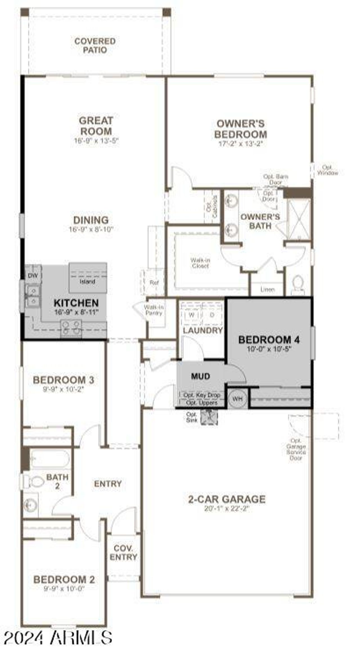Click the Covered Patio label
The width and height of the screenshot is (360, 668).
pyautogui.click(x=95, y=46)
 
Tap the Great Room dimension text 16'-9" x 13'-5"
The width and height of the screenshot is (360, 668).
pyautogui.click(x=96, y=141)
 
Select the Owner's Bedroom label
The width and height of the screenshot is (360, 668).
pyautogui.click(x=240, y=129)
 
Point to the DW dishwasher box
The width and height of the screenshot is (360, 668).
pyautogui.click(x=33, y=276)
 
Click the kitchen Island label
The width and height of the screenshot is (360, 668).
pyautogui.click(x=87, y=281)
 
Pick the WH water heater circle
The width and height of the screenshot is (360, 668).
pyautogui.click(x=237, y=399)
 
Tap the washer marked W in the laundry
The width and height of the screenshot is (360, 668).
pyautogui.click(x=192, y=315)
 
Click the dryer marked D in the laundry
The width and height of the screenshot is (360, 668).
pyautogui.click(x=212, y=315)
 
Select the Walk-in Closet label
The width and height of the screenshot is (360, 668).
pyautogui.click(x=200, y=263)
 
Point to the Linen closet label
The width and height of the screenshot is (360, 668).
pyautogui.click(x=267, y=289)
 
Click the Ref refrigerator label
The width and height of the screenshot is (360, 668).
pyautogui.click(x=154, y=282)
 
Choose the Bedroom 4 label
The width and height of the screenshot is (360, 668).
pyautogui.click(x=269, y=340)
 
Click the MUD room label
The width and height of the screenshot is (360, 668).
pyautogui.click(x=200, y=376)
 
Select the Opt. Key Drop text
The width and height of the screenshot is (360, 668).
pyautogui.click(x=202, y=395)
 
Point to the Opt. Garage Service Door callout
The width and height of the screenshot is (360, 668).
pyautogui.click(x=296, y=449)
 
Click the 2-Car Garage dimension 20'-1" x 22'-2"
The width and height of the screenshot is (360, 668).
pyautogui.click(x=227, y=508)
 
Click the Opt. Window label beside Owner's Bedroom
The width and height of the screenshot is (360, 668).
pyautogui.click(x=327, y=170)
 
